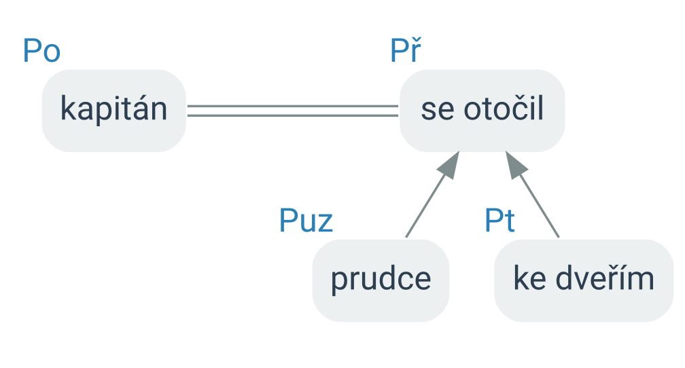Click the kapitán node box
tap(114, 111)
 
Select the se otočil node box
tap(482, 111)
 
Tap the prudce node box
tap(381, 280)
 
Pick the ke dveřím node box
tap(584, 280)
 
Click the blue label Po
tap(41, 51)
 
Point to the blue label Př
tap(406, 50)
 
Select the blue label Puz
tap(306, 221)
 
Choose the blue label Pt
tap(499, 221)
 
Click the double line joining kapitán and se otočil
tap(293, 111)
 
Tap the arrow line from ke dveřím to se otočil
tap(532, 194)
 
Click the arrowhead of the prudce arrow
tap(450, 164)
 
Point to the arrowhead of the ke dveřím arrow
tap(516, 164)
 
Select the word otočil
tap(504, 107)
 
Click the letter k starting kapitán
tap(67, 108)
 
